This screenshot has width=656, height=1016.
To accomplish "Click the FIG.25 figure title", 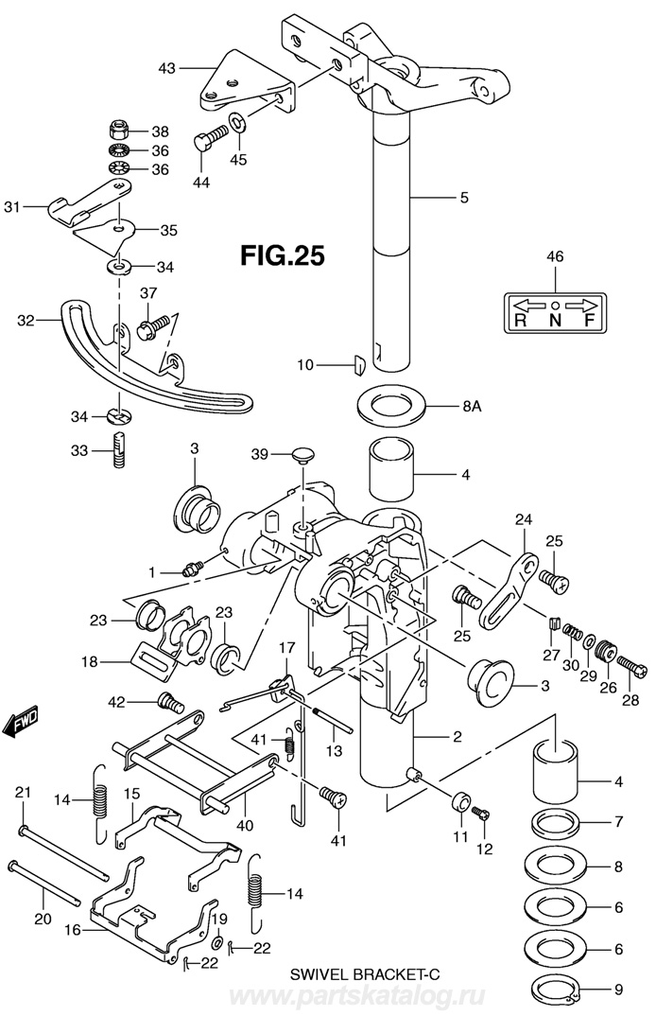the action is [283, 254].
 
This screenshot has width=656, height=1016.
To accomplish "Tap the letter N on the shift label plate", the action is [555, 320].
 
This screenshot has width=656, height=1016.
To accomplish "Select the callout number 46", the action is [555, 256].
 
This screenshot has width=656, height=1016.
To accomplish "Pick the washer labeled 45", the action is [237, 121].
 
